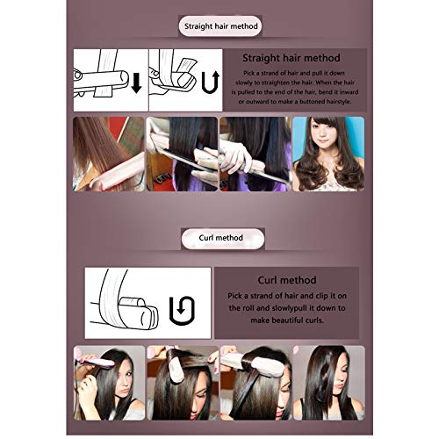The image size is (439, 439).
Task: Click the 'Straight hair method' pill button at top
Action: (x=220, y=26)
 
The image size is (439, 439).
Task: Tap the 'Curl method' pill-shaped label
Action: (x=223, y=238)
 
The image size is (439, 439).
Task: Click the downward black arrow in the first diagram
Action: (x=136, y=83)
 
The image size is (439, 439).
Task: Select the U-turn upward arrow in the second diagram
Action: (x=211, y=82)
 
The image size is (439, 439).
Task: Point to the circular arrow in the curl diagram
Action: (x=182, y=311)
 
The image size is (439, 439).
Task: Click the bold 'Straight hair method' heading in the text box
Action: (x=291, y=58)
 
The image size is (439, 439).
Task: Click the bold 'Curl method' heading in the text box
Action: (x=287, y=280)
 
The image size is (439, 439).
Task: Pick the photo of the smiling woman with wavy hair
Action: (x=328, y=154)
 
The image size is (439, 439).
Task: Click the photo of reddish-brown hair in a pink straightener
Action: (x=109, y=154)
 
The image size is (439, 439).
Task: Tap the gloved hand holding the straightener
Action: (x=235, y=156)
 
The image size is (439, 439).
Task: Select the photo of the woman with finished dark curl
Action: (x=329, y=383)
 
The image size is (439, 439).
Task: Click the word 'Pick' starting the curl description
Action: (x=234, y=296)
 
